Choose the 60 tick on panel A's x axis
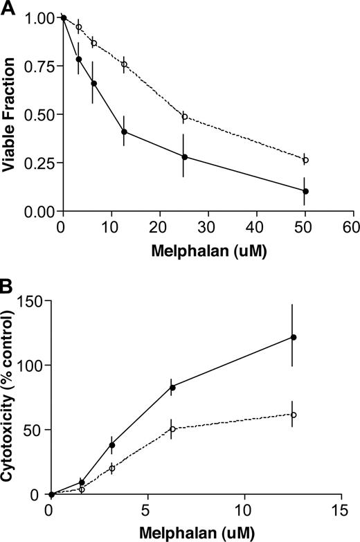[x=354, y=227]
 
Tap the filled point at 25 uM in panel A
[x=185, y=157]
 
